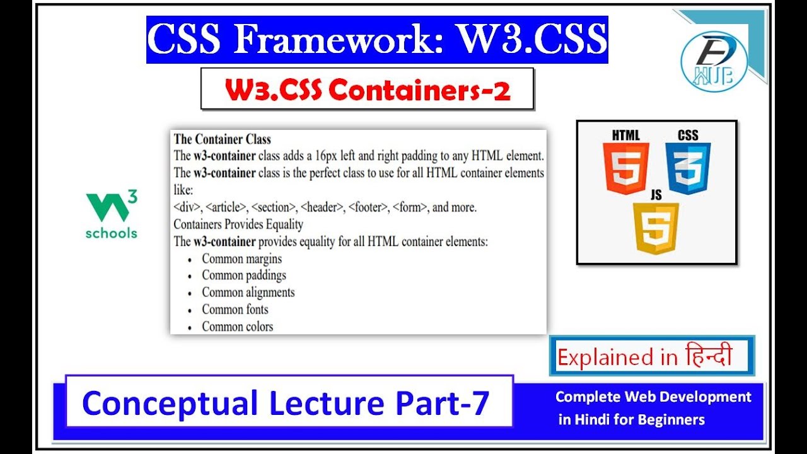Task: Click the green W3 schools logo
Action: [x=112, y=215]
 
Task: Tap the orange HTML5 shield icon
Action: [x=625, y=167]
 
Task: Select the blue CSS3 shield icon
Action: [x=688, y=167]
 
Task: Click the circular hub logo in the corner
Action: [x=714, y=61]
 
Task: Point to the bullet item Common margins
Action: [x=241, y=259]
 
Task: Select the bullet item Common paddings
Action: [x=243, y=276]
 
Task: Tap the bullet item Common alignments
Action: [x=248, y=293]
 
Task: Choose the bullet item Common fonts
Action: [x=235, y=310]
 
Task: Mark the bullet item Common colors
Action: [x=237, y=327]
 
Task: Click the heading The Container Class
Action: [x=222, y=139]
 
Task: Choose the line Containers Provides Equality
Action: [x=238, y=224]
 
